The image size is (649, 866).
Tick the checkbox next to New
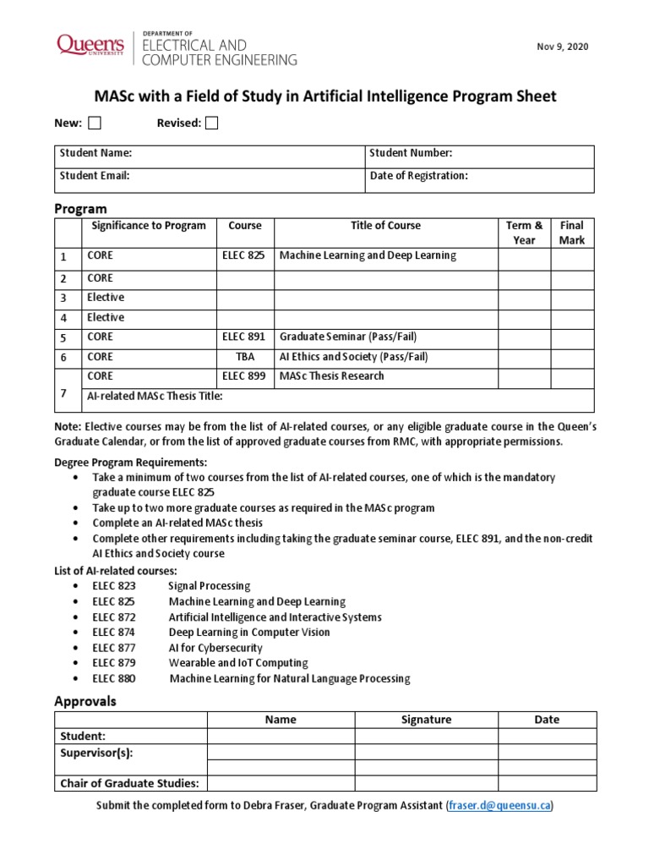point(95,123)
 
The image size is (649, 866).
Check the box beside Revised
point(211,123)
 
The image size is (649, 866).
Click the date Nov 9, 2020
point(562,46)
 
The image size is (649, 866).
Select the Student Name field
point(95,153)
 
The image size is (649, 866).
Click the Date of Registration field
point(418,176)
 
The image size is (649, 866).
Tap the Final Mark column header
point(572,233)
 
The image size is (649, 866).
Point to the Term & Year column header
point(524,233)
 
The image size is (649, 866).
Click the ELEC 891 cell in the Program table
point(243,337)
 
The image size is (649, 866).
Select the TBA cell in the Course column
point(244,357)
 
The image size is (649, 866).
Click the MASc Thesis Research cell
point(331,376)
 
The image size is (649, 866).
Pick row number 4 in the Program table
point(63,319)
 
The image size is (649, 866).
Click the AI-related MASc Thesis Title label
point(155,397)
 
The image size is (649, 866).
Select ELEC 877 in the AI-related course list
point(114,648)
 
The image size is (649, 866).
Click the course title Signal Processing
point(209,585)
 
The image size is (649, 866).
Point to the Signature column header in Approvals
point(426,720)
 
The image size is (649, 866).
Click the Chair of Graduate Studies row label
point(129,783)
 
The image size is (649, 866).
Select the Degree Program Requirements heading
point(130,463)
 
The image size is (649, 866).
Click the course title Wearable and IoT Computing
point(238,663)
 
